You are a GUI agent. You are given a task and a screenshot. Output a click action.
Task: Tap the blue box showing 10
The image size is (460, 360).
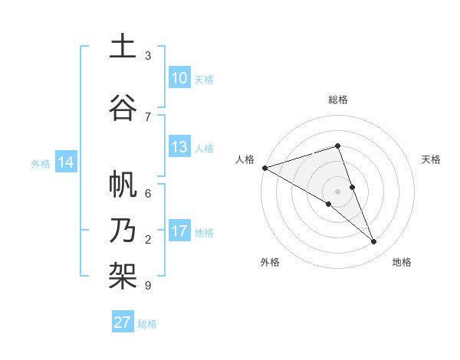coord(179,78)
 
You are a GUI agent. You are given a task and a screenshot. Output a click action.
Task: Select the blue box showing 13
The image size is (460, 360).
coord(179,147)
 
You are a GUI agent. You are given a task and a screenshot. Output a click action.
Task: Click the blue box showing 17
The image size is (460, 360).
coord(179,231)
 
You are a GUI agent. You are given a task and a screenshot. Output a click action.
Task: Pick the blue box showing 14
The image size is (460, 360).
coord(66,162)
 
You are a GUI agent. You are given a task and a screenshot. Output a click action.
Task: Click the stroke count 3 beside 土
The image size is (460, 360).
coord(148,56)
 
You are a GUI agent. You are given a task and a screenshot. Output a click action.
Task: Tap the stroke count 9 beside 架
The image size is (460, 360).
coord(148,286)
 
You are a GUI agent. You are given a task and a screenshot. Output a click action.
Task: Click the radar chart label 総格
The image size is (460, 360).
coord(337,100)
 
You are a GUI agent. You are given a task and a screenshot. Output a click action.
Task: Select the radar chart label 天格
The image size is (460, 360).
coord(431,159)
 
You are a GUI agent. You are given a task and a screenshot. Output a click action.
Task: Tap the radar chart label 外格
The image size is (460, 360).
coord(270,262)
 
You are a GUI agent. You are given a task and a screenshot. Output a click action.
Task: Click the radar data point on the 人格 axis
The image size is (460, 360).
coord(264,167)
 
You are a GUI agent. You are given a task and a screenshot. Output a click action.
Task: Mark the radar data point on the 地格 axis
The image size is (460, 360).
coord(374,242)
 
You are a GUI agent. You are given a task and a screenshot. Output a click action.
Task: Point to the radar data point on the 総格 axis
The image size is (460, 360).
coord(337,146)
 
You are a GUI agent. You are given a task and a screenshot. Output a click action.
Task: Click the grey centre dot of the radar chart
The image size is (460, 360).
coord(337,191)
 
